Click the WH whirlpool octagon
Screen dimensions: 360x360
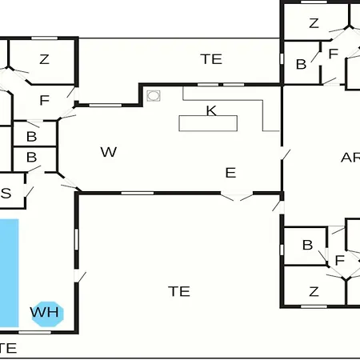(x=48, y=314)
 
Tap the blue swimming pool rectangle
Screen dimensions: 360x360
(x=9, y=273)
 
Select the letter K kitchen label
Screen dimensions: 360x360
(x=211, y=110)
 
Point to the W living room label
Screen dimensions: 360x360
(x=109, y=152)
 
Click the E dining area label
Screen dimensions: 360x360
(x=230, y=173)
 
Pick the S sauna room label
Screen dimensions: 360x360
(x=6, y=193)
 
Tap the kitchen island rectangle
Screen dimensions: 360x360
(x=208, y=123)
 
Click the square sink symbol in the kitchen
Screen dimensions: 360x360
(x=154, y=95)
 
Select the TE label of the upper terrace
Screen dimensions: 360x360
(x=211, y=59)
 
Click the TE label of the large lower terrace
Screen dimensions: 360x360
(x=179, y=291)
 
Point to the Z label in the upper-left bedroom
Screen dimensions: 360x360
(x=44, y=59)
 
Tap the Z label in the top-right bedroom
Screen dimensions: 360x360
(x=314, y=23)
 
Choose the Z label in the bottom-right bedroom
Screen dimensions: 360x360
(x=314, y=291)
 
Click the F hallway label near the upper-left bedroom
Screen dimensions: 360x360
(x=45, y=100)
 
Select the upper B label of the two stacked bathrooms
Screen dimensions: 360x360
(x=32, y=137)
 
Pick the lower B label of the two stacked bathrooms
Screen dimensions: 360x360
(x=32, y=157)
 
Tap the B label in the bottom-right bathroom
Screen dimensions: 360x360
(x=307, y=245)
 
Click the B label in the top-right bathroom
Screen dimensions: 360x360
(x=302, y=64)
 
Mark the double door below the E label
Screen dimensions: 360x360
(x=237, y=196)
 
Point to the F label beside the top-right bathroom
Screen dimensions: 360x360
(x=334, y=54)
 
